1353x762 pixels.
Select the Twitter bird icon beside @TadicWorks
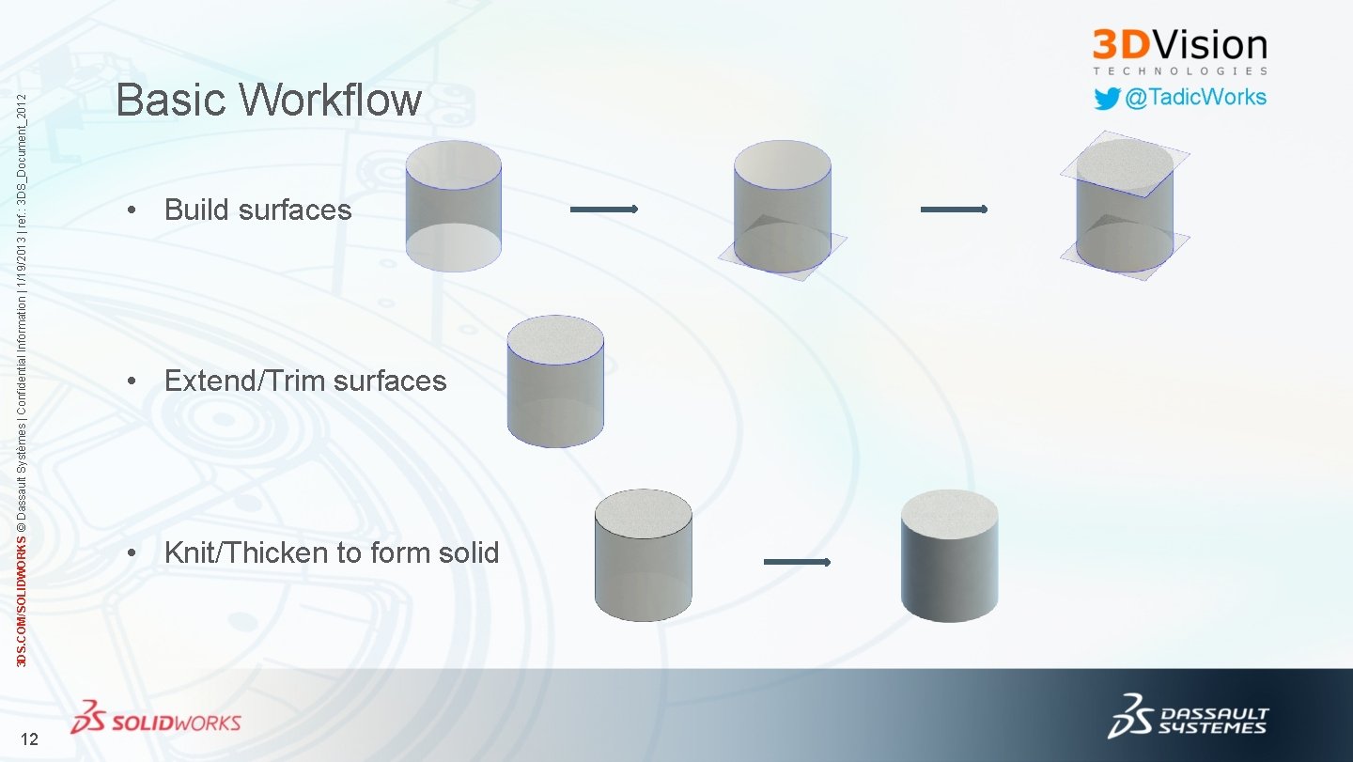(x=1107, y=99)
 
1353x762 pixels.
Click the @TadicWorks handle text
(x=1195, y=98)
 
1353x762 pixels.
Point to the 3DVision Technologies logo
(x=1179, y=51)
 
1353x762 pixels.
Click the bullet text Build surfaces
(x=257, y=210)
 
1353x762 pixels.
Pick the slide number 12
(x=29, y=739)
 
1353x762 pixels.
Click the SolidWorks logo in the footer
(x=156, y=719)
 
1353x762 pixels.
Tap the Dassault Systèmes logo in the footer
(x=1189, y=719)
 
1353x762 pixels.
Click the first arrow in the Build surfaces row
(x=603, y=210)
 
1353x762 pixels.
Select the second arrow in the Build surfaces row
(x=953, y=210)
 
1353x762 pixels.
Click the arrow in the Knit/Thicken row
(x=797, y=562)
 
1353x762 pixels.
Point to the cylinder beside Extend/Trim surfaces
(x=555, y=381)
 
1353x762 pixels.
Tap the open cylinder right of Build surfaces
(x=453, y=207)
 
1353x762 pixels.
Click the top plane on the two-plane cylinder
(x=1125, y=164)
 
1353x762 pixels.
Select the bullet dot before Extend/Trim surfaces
(x=136, y=381)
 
